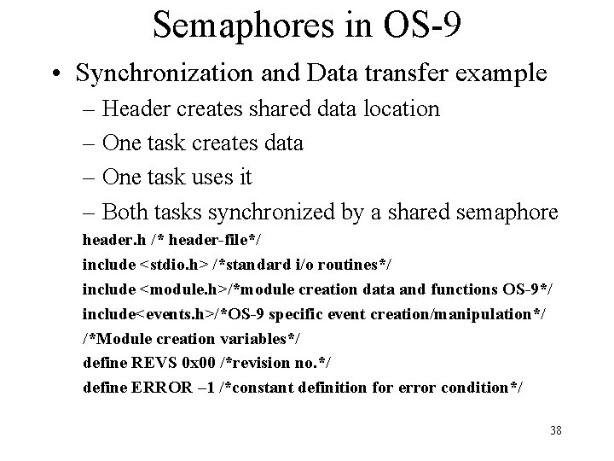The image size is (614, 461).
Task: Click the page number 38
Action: [x=555, y=430]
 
